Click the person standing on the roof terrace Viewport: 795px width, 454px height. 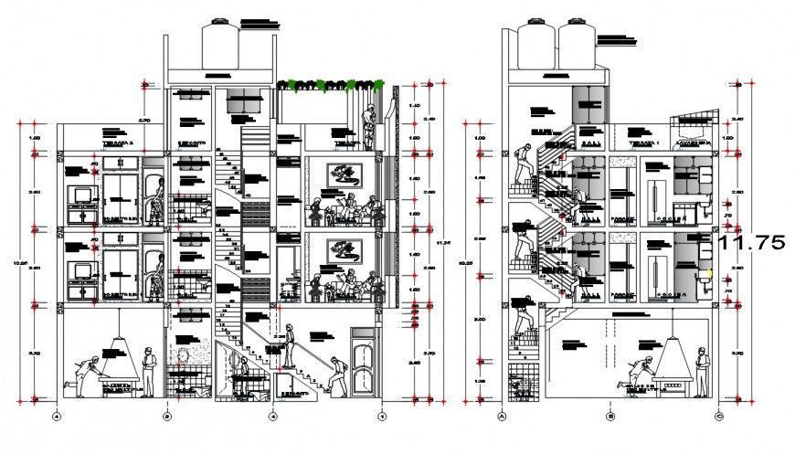coord(367,126)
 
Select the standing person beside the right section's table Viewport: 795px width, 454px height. coord(701,370)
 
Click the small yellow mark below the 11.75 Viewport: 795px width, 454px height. coord(711,273)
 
